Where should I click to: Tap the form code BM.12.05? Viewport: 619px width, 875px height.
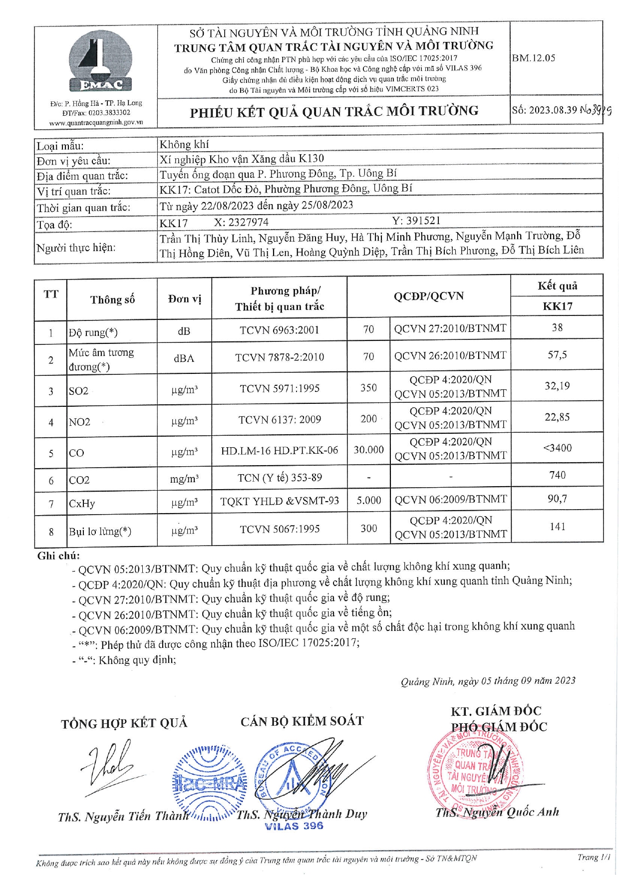tap(533, 58)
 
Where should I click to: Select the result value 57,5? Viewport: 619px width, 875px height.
tap(557, 355)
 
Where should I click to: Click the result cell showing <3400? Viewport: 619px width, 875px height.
tap(557, 448)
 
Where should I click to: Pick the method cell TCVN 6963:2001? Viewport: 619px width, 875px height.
tap(279, 330)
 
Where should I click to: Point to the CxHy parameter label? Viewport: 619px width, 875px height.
tap(82, 504)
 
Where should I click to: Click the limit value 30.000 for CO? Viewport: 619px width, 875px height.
tap(368, 450)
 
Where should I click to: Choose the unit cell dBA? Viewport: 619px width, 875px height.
tap(184, 358)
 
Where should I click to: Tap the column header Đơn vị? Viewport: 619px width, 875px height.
tap(184, 299)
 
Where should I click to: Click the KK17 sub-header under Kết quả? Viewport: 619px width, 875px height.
tap(557, 306)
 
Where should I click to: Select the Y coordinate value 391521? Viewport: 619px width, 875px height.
tap(416, 221)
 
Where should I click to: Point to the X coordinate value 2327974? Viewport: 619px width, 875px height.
tap(242, 223)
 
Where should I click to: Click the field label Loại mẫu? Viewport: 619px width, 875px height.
tap(60, 146)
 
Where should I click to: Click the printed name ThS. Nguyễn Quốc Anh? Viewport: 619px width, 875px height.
tap(497, 813)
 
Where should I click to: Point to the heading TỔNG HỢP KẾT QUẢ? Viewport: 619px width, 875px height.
tap(124, 723)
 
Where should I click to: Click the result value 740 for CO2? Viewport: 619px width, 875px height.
tap(557, 475)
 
